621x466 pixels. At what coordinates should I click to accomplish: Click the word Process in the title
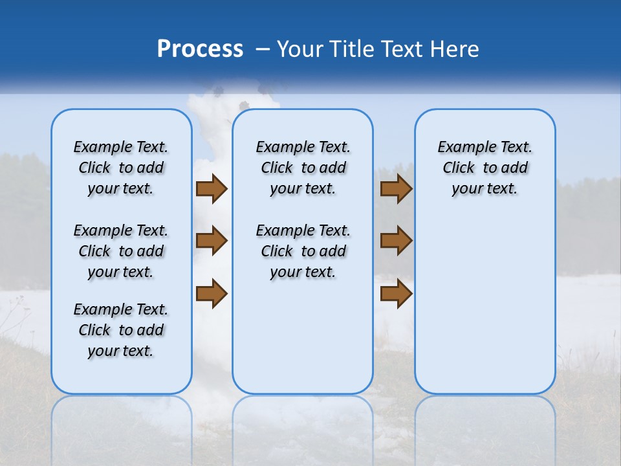coord(200,49)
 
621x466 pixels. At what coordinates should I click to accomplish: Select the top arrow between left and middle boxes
coord(212,188)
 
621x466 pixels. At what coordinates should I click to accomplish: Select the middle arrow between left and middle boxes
coord(212,241)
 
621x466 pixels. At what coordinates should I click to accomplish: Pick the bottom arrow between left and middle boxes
coord(212,293)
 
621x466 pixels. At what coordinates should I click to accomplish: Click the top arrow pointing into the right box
coord(396,188)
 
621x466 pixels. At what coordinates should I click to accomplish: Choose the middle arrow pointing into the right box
coord(396,241)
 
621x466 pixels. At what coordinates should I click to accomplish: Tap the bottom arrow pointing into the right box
coord(396,293)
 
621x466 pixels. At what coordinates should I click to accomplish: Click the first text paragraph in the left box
coord(121,168)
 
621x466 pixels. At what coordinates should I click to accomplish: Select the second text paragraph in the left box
coord(121,251)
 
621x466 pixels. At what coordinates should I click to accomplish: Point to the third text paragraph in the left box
coord(121,330)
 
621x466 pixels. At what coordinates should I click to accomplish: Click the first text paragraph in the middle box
coord(303,168)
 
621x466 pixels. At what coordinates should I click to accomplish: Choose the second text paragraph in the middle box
coord(303,251)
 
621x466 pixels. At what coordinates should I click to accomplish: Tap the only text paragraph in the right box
coord(485,168)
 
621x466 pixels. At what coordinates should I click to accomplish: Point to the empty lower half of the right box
coord(485,311)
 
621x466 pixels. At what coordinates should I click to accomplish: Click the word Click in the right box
coord(459,168)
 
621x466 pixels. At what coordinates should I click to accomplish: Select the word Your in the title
coord(299,49)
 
